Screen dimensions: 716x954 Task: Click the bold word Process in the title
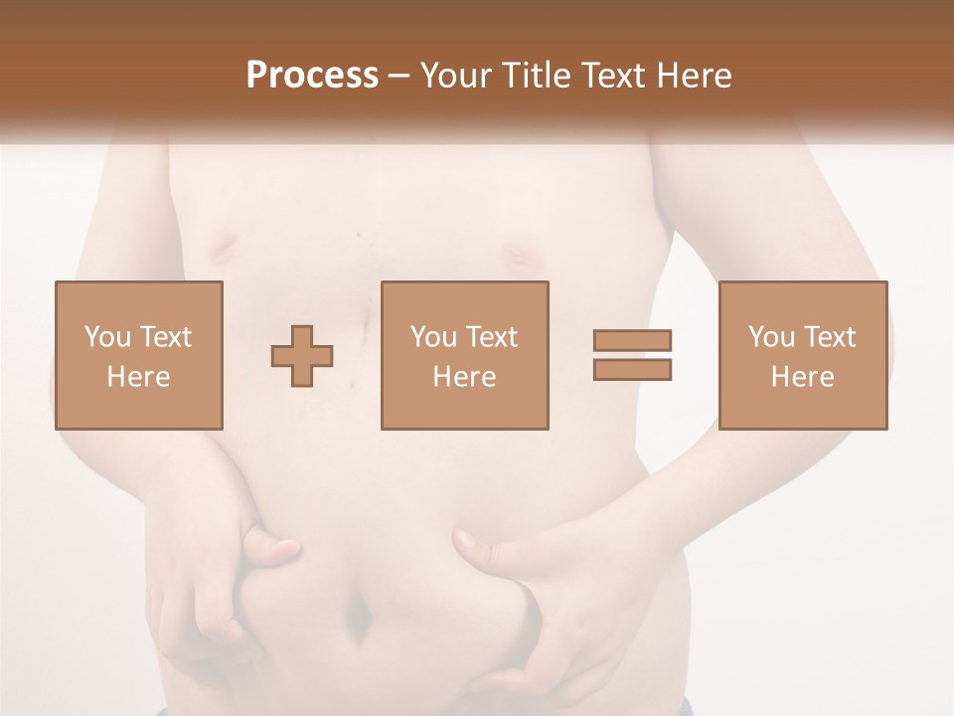pyautogui.click(x=312, y=76)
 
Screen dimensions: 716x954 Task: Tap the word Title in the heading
pyautogui.click(x=536, y=76)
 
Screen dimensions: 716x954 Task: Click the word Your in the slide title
pyautogui.click(x=458, y=76)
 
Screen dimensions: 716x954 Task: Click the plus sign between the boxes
pyautogui.click(x=302, y=355)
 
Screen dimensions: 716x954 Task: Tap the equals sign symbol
pyautogui.click(x=632, y=355)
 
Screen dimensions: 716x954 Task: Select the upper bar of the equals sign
pyautogui.click(x=632, y=340)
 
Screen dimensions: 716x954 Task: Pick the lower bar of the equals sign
pyautogui.click(x=632, y=369)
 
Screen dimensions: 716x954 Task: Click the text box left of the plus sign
pyautogui.click(x=138, y=355)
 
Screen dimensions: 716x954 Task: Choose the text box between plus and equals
pyautogui.click(x=464, y=355)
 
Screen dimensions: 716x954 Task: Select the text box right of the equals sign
pyautogui.click(x=802, y=355)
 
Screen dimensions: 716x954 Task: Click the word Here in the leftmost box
pyautogui.click(x=138, y=377)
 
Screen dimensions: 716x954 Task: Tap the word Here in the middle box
pyautogui.click(x=464, y=377)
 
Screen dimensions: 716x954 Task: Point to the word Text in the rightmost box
pyautogui.click(x=830, y=337)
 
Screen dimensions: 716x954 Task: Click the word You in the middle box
pyautogui.click(x=433, y=337)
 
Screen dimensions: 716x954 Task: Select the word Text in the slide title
pyautogui.click(x=613, y=76)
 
